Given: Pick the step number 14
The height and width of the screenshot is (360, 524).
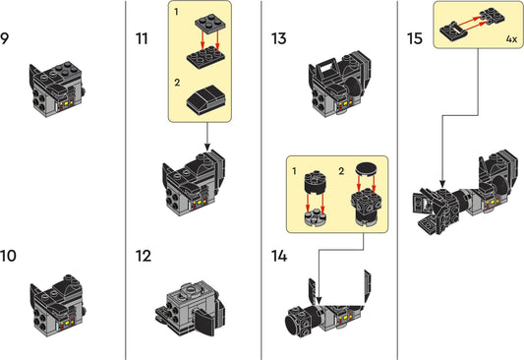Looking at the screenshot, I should (x=280, y=257).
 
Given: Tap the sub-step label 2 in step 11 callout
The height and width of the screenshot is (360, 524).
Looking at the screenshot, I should (x=176, y=86).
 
